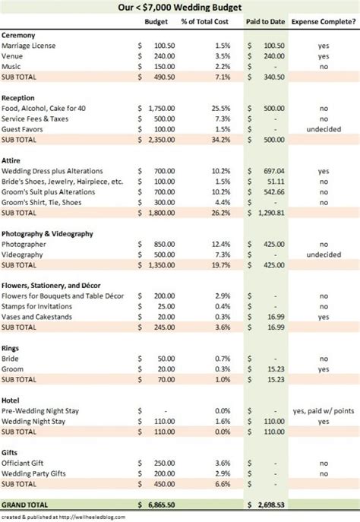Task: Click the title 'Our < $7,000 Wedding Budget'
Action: tap(179, 8)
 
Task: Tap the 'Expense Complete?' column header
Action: tap(324, 21)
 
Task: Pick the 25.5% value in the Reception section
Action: tap(221, 109)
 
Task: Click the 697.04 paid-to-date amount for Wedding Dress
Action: tap(272, 171)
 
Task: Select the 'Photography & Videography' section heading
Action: tap(47, 233)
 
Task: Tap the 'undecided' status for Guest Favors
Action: tap(324, 129)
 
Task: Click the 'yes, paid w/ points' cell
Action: tap(324, 410)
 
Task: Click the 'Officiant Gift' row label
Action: tap(26, 462)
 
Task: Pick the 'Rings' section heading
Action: tap(12, 347)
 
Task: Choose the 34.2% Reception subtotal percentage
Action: tap(221, 140)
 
